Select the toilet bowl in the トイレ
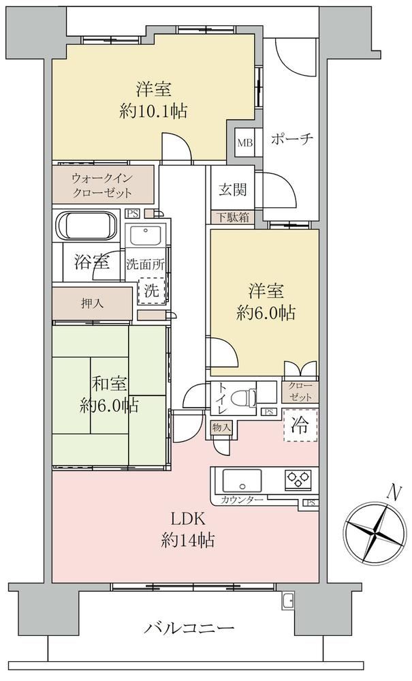[x=243, y=397]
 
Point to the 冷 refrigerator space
[x=300, y=425]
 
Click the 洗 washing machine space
[x=151, y=290]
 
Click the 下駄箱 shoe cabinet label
[x=233, y=217]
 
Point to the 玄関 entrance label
[x=232, y=190]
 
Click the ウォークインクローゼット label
[x=102, y=185]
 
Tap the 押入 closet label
[x=93, y=303]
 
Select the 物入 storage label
[x=221, y=427]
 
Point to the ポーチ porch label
[x=292, y=139]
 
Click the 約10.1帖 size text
[x=153, y=112]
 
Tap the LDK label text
[x=187, y=519]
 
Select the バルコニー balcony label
[x=189, y=628]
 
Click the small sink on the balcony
[x=287, y=601]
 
